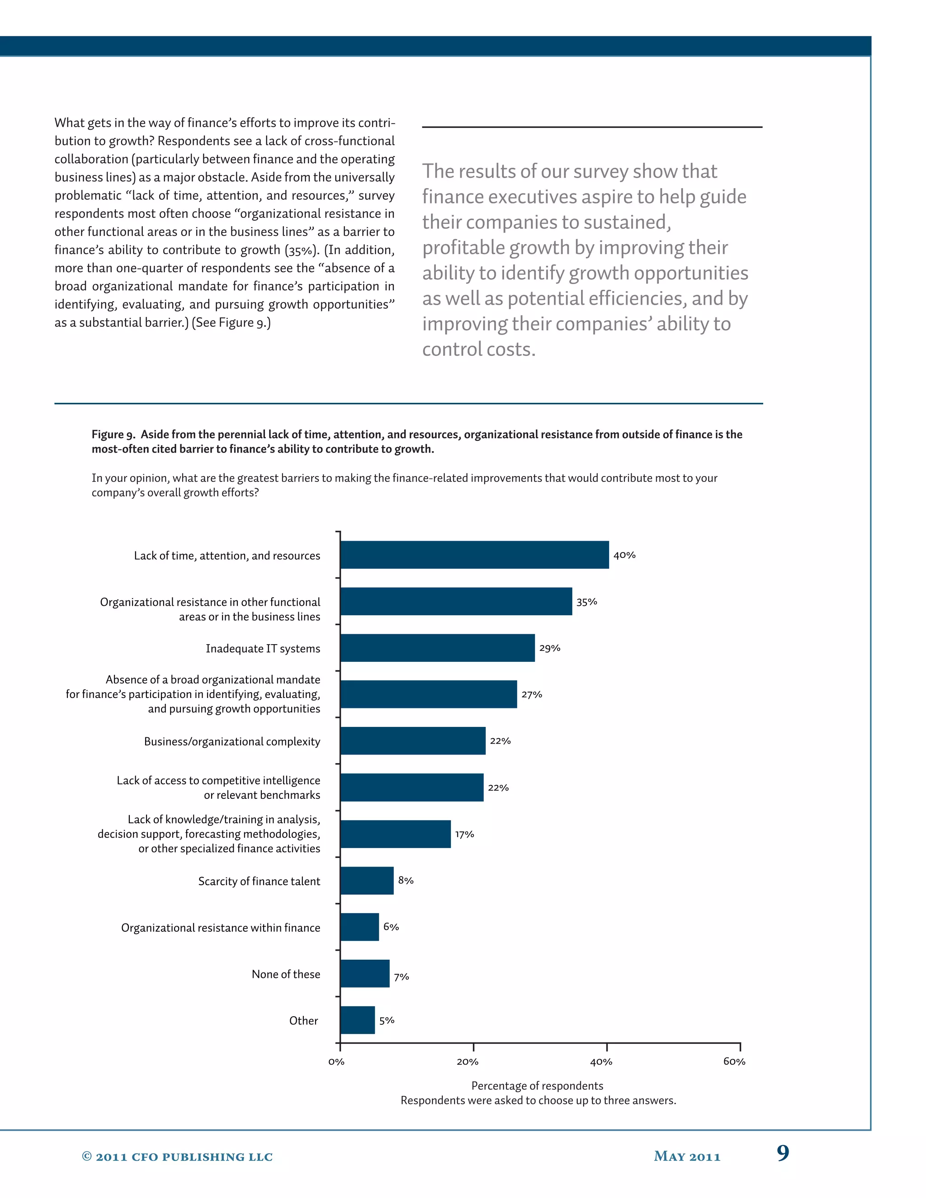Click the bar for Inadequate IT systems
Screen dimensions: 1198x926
(437, 648)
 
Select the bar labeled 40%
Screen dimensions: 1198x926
(474, 555)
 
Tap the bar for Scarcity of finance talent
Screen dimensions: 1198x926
(366, 880)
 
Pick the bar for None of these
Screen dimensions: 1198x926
(364, 974)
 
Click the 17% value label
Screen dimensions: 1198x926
(464, 835)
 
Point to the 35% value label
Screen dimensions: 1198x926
(586, 602)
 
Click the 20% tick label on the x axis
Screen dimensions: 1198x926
(468, 1062)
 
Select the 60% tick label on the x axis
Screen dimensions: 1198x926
(734, 1062)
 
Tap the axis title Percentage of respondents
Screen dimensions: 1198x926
(537, 1085)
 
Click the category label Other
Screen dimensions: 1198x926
(303, 1020)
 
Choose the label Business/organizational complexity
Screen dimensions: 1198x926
(232, 741)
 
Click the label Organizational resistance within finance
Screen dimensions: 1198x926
(221, 928)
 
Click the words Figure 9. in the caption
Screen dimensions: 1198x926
(113, 434)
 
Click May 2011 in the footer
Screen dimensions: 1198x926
(687, 1157)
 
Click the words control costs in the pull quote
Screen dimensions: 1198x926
(478, 349)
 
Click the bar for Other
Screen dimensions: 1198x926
(357, 1020)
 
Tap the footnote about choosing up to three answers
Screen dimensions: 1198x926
(538, 1100)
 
